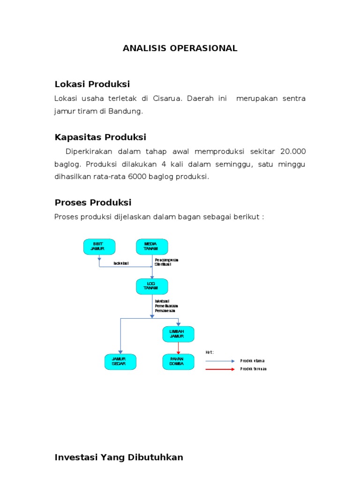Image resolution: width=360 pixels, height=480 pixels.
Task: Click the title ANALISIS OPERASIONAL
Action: pyautogui.click(x=180, y=48)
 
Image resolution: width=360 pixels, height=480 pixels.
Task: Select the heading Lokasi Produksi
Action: pyautogui.click(x=92, y=84)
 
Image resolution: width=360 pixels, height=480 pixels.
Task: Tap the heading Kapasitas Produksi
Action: pyautogui.click(x=100, y=137)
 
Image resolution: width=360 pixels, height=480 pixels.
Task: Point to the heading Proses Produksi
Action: pyautogui.click(x=93, y=202)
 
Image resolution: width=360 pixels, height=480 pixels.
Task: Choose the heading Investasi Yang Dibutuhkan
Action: pyautogui.click(x=119, y=457)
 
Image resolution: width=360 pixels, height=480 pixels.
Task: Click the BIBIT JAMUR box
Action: pyautogui.click(x=99, y=247)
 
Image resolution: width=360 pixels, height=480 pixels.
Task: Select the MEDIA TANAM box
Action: pyautogui.click(x=152, y=247)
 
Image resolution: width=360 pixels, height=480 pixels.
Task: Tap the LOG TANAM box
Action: pyautogui.click(x=152, y=286)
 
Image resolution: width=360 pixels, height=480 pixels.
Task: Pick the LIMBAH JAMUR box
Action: pyautogui.click(x=178, y=334)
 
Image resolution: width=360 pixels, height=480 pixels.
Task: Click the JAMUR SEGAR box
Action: pyautogui.click(x=120, y=361)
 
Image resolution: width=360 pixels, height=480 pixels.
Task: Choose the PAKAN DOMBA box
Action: pyautogui.click(x=178, y=361)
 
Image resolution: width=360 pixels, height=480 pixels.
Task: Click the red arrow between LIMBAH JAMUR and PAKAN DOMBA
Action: pyautogui.click(x=178, y=348)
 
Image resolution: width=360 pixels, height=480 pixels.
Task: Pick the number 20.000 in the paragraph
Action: pyautogui.click(x=292, y=151)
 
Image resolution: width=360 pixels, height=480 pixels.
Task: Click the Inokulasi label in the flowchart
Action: pyautogui.click(x=121, y=263)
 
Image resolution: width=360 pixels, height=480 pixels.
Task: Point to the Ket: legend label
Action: pyautogui.click(x=210, y=352)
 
